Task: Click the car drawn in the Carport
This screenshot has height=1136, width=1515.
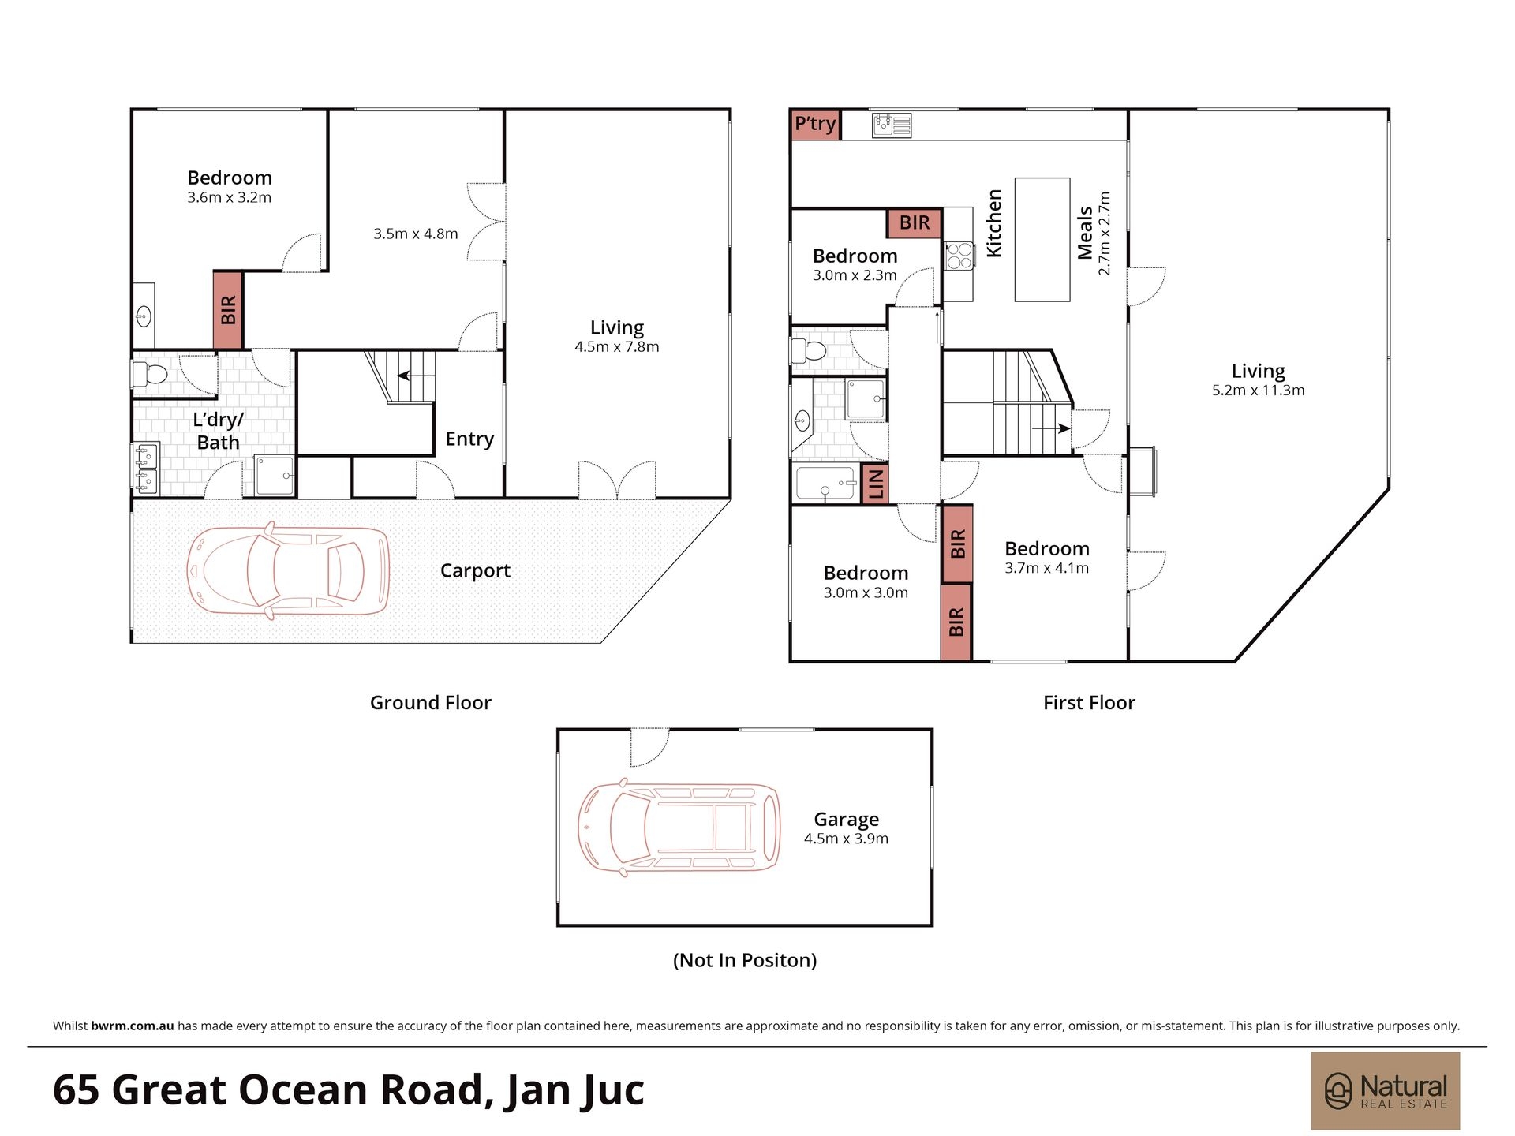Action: point(288,570)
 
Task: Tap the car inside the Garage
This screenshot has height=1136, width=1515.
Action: point(679,828)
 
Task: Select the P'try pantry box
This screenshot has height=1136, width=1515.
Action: point(815,125)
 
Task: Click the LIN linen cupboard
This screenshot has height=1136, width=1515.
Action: point(876,484)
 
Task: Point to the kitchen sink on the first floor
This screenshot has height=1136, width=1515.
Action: point(892,125)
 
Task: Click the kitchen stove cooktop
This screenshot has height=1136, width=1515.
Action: point(959,255)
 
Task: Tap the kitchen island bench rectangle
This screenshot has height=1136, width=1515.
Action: point(1042,239)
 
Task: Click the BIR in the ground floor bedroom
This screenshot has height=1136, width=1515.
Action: point(228,310)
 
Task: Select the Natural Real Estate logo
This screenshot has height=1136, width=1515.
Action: point(1386,1091)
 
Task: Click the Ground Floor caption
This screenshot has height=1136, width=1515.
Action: point(431,703)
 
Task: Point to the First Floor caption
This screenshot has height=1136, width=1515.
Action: point(1089,703)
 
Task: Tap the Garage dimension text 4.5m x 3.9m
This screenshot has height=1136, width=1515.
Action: point(846,839)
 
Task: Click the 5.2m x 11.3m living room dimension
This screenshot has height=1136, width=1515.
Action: point(1259,390)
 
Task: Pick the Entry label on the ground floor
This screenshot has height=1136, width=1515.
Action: point(469,439)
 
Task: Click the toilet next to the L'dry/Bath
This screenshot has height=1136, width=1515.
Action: point(150,373)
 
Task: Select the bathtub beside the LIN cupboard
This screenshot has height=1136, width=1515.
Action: point(826,484)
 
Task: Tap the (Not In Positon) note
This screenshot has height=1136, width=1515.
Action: point(745,960)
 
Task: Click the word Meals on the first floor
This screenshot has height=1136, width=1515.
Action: point(1085,233)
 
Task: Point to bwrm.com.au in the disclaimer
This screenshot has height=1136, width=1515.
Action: point(133,1026)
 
